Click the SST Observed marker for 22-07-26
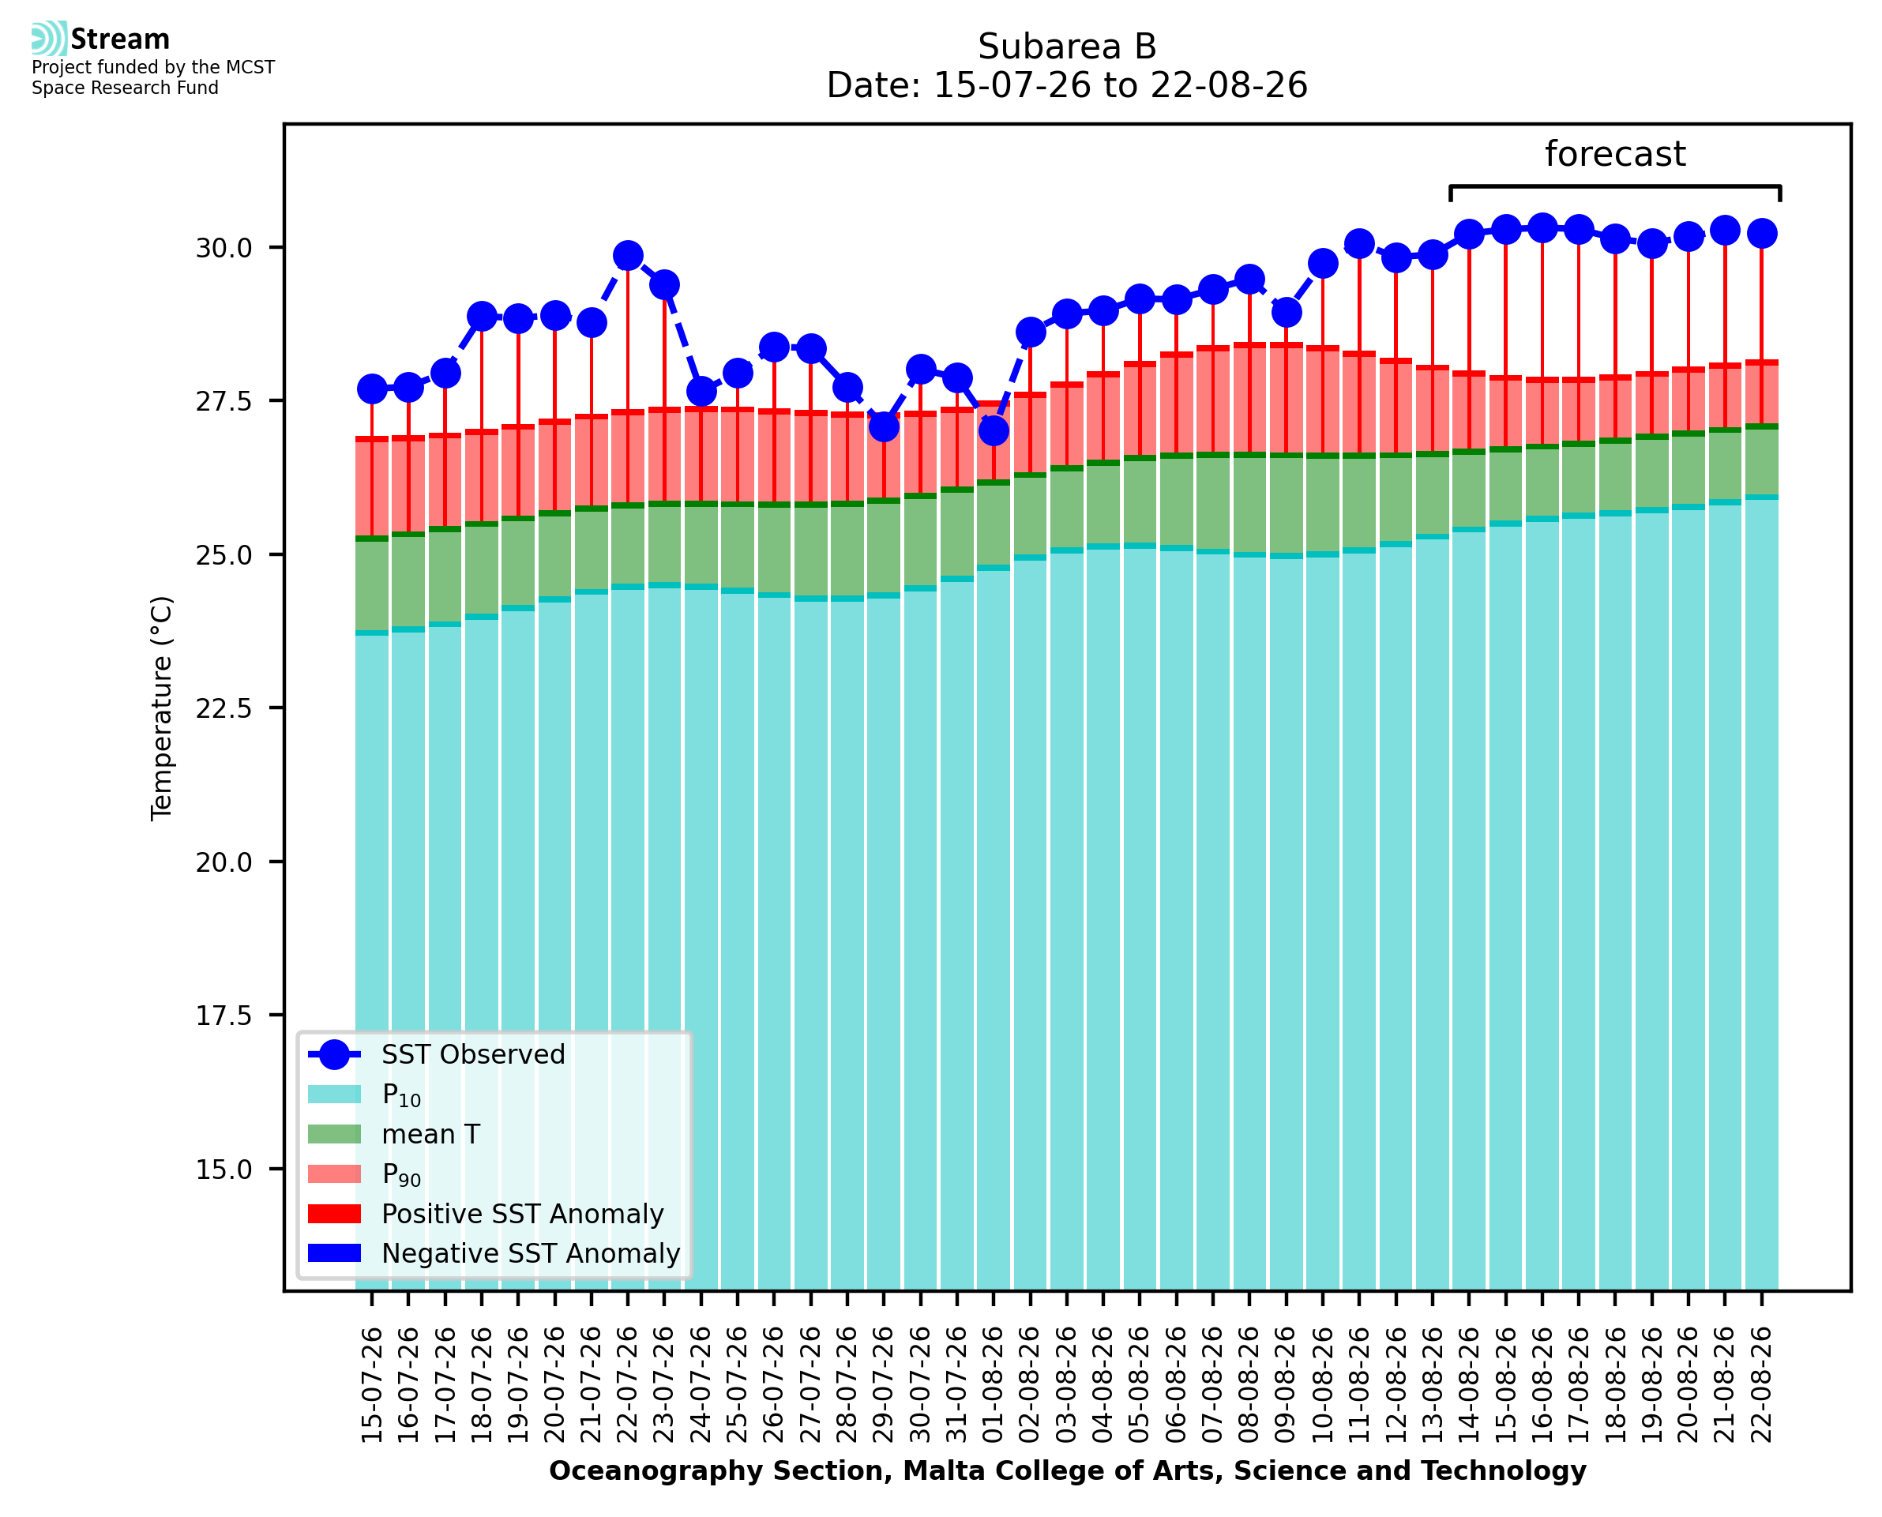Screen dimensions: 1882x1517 627,256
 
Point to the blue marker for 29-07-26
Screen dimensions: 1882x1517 883,427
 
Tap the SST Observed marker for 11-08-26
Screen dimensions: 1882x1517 1358,245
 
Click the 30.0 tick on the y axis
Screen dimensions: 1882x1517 224,248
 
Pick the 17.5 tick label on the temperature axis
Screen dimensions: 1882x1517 224,1016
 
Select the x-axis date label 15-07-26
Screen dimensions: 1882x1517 372,1385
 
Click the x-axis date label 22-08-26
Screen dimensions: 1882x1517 1761,1385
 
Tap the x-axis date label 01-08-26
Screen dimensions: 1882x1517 994,1385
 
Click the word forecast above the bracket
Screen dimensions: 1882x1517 1614,154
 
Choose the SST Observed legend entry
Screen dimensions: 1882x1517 437,1055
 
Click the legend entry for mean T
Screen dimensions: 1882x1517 394,1134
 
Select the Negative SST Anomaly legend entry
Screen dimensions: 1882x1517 494,1253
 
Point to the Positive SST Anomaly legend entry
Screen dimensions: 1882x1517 486,1214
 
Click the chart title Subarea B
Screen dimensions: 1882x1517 1067,47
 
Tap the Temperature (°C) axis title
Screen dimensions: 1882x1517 163,708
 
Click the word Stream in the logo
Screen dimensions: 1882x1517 120,39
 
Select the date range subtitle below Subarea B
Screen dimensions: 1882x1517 1067,85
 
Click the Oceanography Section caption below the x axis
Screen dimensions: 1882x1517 1068,1470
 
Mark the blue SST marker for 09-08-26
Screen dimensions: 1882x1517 1286,312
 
